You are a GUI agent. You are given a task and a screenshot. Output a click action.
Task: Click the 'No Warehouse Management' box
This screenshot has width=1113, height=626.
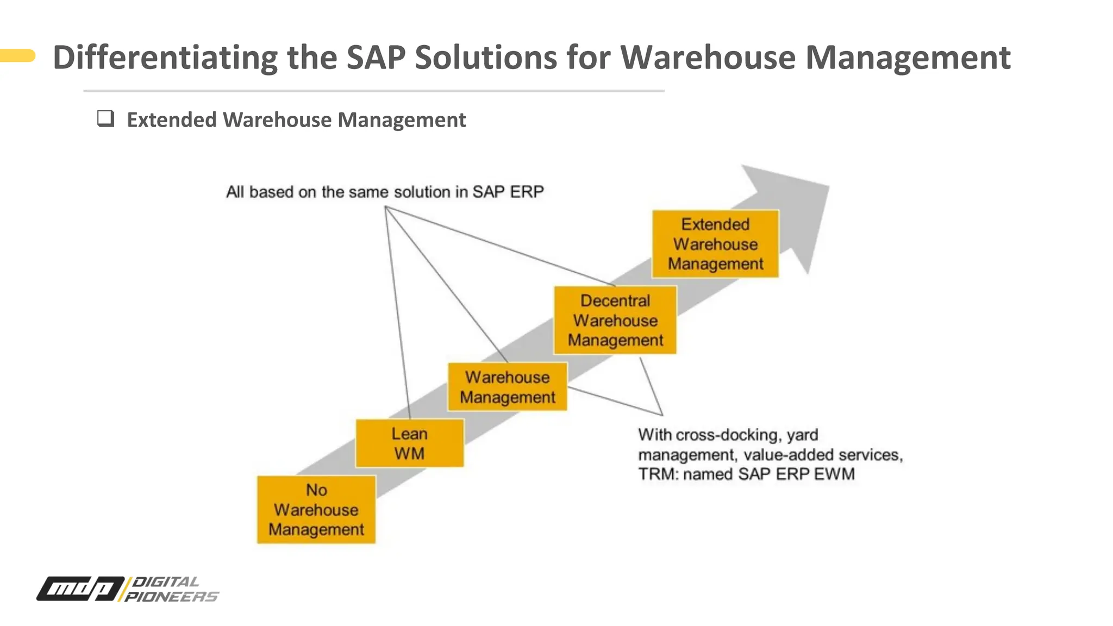[x=316, y=509]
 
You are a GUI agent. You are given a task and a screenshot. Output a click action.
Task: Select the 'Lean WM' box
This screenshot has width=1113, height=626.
[x=410, y=443]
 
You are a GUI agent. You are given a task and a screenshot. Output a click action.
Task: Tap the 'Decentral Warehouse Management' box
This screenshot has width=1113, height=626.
[x=615, y=320]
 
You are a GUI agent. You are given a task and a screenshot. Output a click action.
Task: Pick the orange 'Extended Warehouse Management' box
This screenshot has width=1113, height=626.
[x=715, y=244]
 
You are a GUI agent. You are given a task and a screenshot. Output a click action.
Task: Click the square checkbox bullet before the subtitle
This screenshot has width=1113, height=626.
[x=105, y=118]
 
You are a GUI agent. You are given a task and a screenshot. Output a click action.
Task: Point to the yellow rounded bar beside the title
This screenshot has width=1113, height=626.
[x=17, y=55]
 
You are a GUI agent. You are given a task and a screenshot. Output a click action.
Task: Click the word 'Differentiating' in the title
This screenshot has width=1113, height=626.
[x=165, y=57]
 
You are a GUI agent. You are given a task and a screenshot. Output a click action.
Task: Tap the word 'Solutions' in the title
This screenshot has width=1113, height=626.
[x=485, y=57]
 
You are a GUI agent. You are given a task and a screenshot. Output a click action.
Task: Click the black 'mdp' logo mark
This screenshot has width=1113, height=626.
[x=80, y=589]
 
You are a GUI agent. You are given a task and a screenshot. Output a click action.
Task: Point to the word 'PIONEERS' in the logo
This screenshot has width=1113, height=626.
[x=171, y=597]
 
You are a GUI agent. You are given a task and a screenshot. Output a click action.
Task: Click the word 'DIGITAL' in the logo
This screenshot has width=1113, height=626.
[x=166, y=581]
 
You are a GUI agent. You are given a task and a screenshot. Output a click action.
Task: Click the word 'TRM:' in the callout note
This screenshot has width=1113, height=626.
[x=658, y=474]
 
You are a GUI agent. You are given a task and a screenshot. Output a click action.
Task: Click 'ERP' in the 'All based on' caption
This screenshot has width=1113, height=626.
[x=526, y=192]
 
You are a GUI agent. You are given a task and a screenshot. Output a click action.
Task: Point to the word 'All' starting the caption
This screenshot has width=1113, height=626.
[x=235, y=192]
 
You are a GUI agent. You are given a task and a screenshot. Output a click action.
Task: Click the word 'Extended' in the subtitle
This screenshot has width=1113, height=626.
[x=172, y=120]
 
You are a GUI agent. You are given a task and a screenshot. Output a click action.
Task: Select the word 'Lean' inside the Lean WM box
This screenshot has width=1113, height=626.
[x=410, y=434]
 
